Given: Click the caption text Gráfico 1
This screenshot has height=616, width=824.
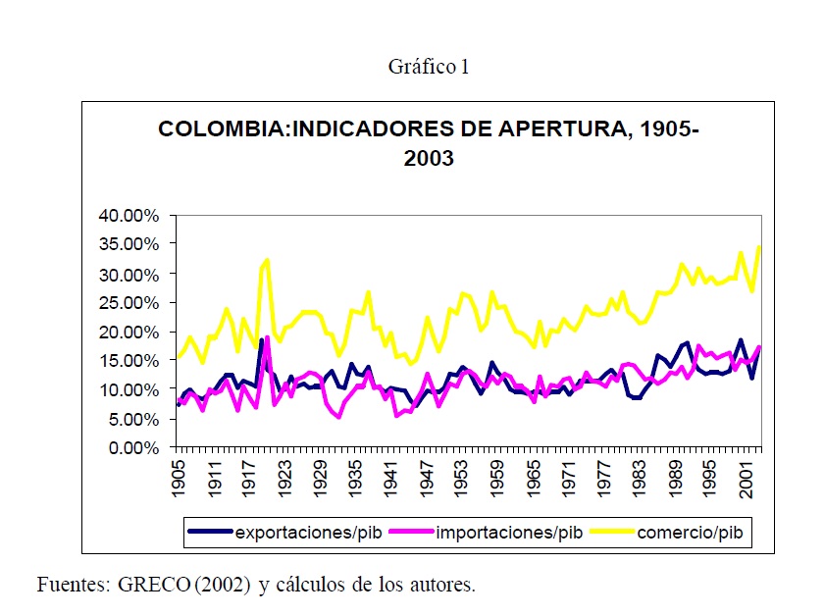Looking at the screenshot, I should pos(429,67).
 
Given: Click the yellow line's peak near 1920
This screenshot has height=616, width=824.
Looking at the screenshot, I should pos(267,260).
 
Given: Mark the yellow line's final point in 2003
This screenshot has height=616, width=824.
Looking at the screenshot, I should pos(760,246).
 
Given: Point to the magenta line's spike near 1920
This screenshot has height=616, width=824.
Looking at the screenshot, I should pos(268,337).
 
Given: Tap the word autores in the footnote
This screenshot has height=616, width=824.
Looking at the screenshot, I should pos(442,586).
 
